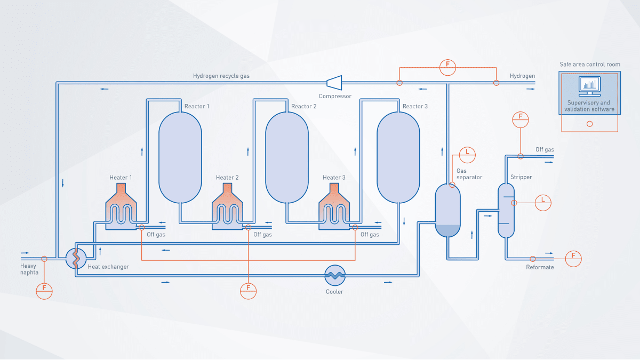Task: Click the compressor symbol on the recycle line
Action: coord(334,82)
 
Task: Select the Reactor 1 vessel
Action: coord(181,157)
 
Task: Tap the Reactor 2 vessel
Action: coord(287,157)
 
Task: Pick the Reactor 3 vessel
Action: coord(398,157)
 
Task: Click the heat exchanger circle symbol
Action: coord(76,259)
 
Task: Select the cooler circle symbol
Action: coord(335,275)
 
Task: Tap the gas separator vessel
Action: coord(447,211)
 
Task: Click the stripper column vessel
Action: coord(506,210)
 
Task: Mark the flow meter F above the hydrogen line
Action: coord(447,67)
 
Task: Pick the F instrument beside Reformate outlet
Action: coord(573,258)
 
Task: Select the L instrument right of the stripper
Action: coord(543,202)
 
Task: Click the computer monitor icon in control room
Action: coord(589,85)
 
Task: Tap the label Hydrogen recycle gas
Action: coord(221,76)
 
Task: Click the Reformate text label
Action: coord(540,267)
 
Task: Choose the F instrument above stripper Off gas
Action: coord(520,119)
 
